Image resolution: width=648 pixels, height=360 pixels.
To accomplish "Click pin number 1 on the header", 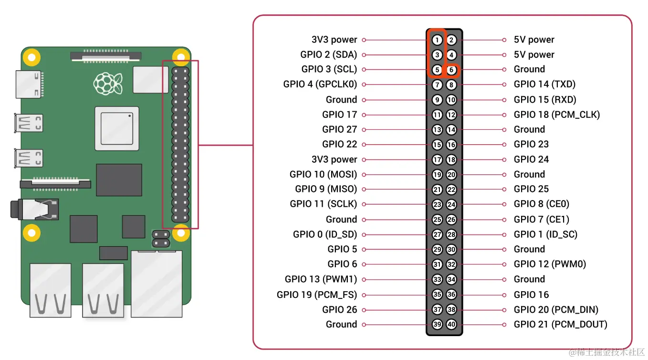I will (437, 40).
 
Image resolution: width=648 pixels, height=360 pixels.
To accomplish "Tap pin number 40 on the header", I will (451, 325).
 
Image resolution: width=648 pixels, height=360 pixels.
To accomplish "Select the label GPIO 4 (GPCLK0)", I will (320, 85).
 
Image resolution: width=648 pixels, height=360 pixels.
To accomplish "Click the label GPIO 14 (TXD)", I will (544, 85).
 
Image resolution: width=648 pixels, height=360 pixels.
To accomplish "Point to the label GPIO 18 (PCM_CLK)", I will (556, 115).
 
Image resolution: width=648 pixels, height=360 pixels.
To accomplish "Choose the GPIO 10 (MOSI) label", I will (323, 174).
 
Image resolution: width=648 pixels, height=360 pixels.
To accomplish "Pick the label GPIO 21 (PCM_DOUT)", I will (560, 325).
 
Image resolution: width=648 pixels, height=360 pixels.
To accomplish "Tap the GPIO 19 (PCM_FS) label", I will (316, 295).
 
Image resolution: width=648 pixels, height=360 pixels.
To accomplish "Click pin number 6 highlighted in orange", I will (451, 70).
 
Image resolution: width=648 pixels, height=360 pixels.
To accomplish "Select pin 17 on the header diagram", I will (437, 159).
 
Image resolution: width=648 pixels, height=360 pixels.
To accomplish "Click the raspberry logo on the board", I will (108, 83).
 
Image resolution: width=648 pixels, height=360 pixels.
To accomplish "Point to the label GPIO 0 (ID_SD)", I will (324, 234).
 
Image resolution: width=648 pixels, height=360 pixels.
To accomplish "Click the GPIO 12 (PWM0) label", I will (550, 264).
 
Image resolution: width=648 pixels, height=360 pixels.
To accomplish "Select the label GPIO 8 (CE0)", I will (541, 204).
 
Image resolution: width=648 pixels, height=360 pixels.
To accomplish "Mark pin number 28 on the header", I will (451, 234).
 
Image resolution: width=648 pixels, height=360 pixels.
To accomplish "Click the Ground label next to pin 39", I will (341, 325).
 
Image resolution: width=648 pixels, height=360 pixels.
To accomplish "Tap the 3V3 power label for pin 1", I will (334, 40).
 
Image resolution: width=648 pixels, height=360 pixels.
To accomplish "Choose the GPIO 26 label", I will (339, 309).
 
